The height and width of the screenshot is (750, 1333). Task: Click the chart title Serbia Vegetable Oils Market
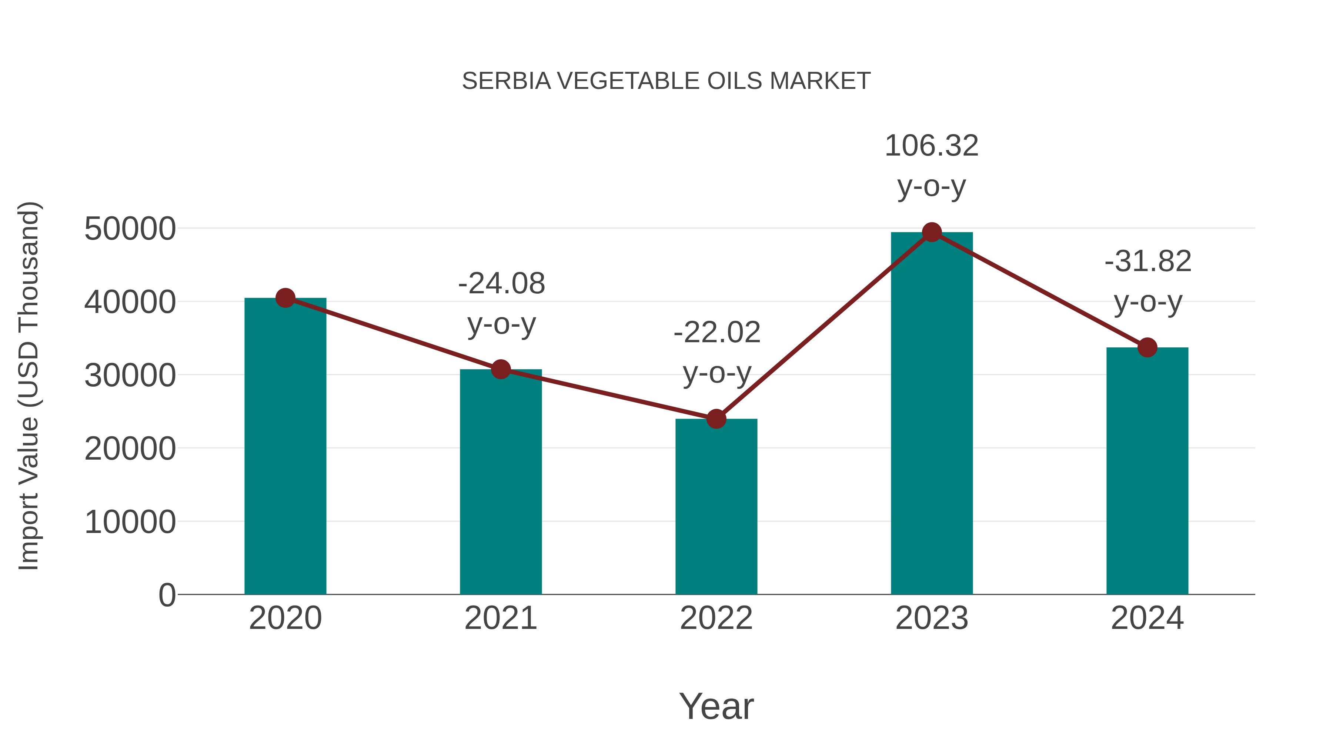pyautogui.click(x=666, y=81)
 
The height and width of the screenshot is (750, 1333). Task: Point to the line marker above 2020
pyautogui.click(x=285, y=298)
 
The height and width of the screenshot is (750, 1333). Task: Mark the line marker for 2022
pyautogui.click(x=716, y=419)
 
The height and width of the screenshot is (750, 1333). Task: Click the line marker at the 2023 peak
pyautogui.click(x=932, y=232)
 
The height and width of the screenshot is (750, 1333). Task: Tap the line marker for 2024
pyautogui.click(x=1147, y=347)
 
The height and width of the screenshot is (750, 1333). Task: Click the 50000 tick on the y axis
pyautogui.click(x=130, y=229)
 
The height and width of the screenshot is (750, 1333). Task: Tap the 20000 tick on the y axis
pyautogui.click(x=130, y=449)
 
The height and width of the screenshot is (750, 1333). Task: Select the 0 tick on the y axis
pyautogui.click(x=167, y=595)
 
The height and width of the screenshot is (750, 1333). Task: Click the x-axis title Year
pyautogui.click(x=716, y=706)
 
